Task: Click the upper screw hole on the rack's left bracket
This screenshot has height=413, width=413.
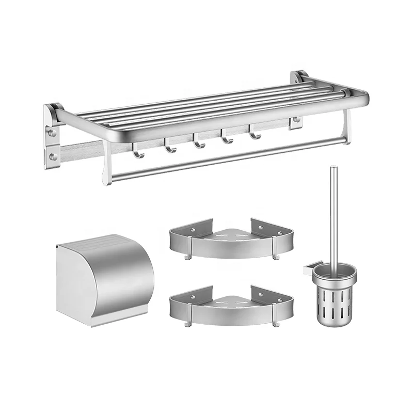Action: (53, 133)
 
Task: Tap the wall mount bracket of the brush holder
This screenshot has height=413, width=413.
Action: (309, 267)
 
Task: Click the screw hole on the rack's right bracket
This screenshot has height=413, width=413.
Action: (296, 120)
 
